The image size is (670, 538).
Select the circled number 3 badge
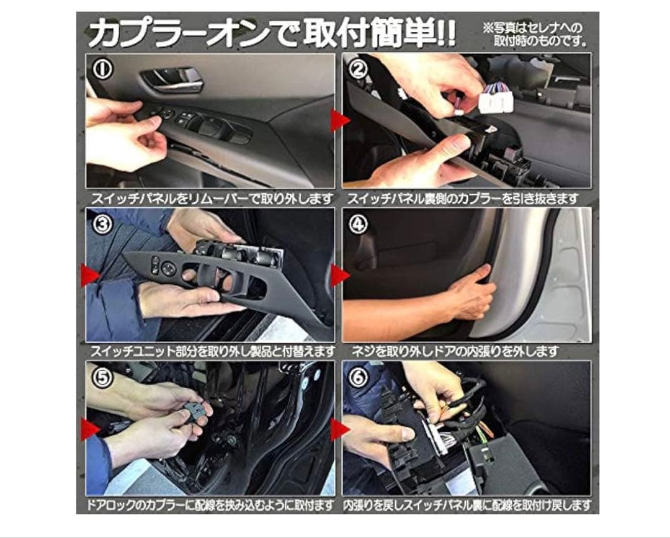coord(103,224)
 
